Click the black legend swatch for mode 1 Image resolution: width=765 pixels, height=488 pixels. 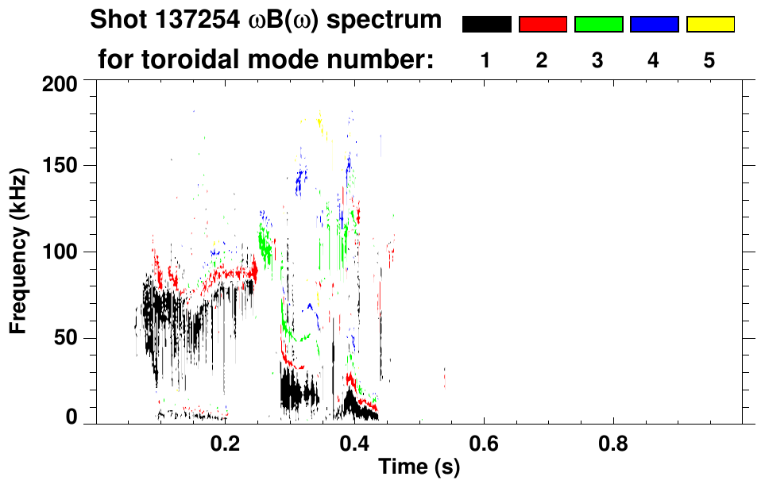click(486, 25)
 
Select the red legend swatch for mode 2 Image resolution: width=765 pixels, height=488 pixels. click(543, 25)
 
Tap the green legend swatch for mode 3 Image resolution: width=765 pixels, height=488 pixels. click(598, 25)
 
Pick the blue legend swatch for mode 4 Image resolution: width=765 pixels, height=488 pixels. click(654, 25)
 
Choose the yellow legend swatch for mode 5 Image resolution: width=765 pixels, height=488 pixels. click(709, 25)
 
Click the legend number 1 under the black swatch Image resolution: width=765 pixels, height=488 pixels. click(486, 60)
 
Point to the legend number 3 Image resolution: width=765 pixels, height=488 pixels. click(598, 60)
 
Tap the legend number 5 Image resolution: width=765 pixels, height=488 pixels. click(709, 60)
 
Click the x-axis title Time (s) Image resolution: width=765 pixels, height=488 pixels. click(418, 467)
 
